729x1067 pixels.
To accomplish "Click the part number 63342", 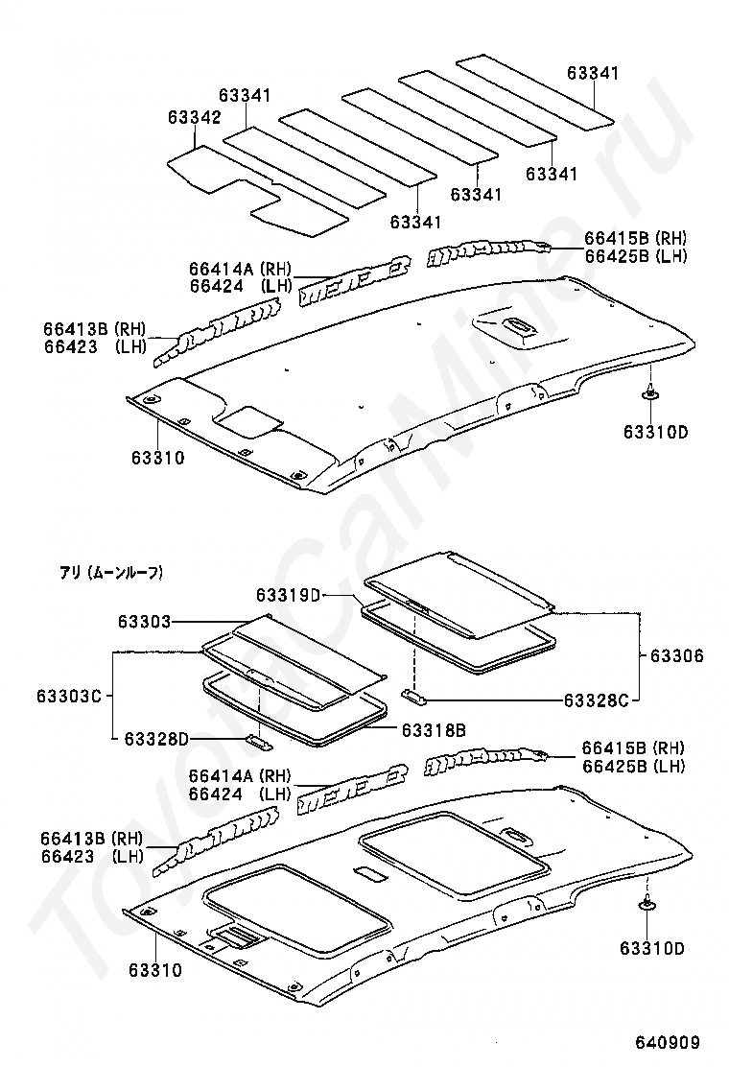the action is click(195, 118).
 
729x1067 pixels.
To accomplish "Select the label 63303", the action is click(144, 621).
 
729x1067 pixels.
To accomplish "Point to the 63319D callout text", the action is click(288, 595).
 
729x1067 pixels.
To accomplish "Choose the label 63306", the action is click(676, 655).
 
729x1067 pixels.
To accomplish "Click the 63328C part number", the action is click(597, 699).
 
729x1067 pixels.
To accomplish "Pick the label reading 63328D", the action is click(155, 738).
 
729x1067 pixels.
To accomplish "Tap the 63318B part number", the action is click(434, 730).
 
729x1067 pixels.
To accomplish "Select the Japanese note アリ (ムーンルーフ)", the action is click(110, 574).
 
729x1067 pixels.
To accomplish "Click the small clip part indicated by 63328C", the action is click(414, 695).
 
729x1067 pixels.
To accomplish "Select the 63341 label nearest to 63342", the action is click(245, 95).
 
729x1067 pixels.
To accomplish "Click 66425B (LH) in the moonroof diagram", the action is click(634, 767).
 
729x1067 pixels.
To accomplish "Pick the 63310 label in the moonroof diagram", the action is click(155, 970).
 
